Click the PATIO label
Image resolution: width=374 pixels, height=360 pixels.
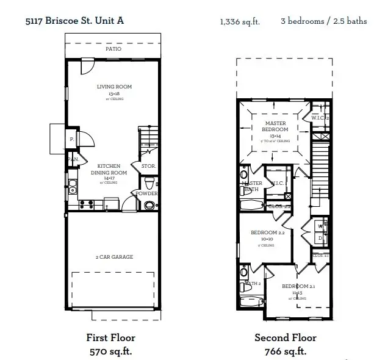click(x=113, y=49)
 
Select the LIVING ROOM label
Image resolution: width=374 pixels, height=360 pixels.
click(x=114, y=87)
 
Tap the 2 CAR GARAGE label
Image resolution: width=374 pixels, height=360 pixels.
click(x=114, y=257)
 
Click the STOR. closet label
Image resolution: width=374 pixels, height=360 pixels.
click(x=148, y=166)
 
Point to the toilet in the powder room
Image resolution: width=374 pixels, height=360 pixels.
click(x=149, y=182)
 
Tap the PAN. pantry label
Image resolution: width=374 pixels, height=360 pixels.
click(x=74, y=160)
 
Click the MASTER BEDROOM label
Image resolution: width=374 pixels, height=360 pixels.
click(x=275, y=126)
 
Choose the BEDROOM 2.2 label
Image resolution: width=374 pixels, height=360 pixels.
click(x=268, y=233)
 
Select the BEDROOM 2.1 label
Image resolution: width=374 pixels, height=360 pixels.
click(x=298, y=287)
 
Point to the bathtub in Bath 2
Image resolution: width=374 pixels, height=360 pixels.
click(x=252, y=302)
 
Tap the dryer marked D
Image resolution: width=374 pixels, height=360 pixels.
click(x=320, y=237)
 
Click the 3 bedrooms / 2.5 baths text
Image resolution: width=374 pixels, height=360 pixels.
click(x=323, y=21)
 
